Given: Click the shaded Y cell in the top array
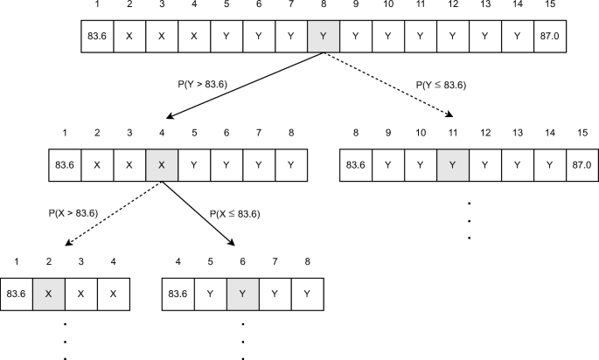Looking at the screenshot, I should point(324,38).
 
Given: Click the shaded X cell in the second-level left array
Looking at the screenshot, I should point(162,164).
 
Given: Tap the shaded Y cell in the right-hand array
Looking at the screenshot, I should point(453,164).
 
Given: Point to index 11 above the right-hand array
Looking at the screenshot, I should point(453,134).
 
